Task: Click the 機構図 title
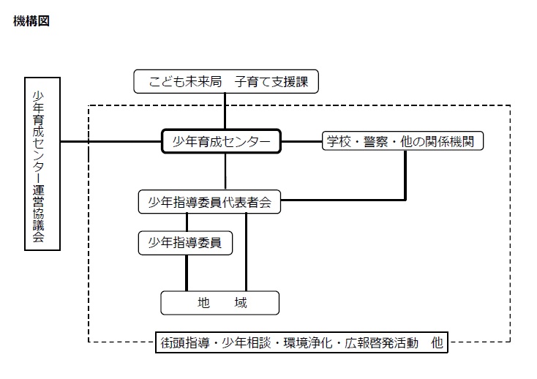31,21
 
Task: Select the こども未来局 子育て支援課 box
226,81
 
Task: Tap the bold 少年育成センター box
221,141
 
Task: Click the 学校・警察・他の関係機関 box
402,140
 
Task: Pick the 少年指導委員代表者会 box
209,202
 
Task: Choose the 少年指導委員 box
185,243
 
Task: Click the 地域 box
220,303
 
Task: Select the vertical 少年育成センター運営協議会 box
42,164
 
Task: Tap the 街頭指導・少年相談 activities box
301,342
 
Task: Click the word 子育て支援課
271,82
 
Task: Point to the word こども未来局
185,82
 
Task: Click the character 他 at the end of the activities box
437,342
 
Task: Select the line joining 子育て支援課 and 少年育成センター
225,111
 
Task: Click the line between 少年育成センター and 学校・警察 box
301,141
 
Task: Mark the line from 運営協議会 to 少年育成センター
111,141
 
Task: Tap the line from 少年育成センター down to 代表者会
225,171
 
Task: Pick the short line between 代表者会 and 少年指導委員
187,222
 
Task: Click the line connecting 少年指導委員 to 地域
187,273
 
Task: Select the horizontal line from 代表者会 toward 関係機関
343,200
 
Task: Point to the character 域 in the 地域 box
241,303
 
